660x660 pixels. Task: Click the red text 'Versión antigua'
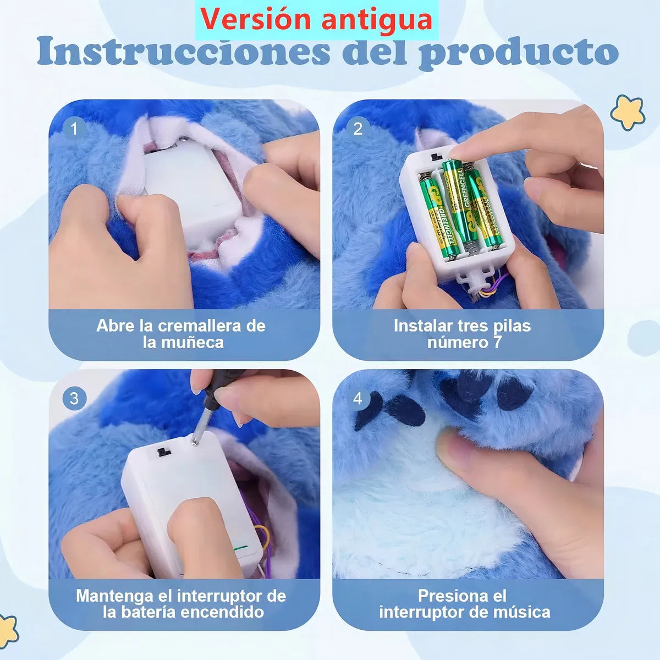(316, 19)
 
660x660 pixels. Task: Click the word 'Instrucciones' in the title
(184, 52)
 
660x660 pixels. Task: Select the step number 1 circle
(74, 129)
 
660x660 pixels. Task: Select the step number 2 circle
(358, 129)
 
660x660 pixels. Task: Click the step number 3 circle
(74, 398)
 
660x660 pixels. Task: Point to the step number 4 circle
(358, 398)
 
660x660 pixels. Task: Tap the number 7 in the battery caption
(497, 343)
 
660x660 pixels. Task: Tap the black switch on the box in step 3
(163, 452)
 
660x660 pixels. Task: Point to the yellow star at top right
(628, 112)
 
